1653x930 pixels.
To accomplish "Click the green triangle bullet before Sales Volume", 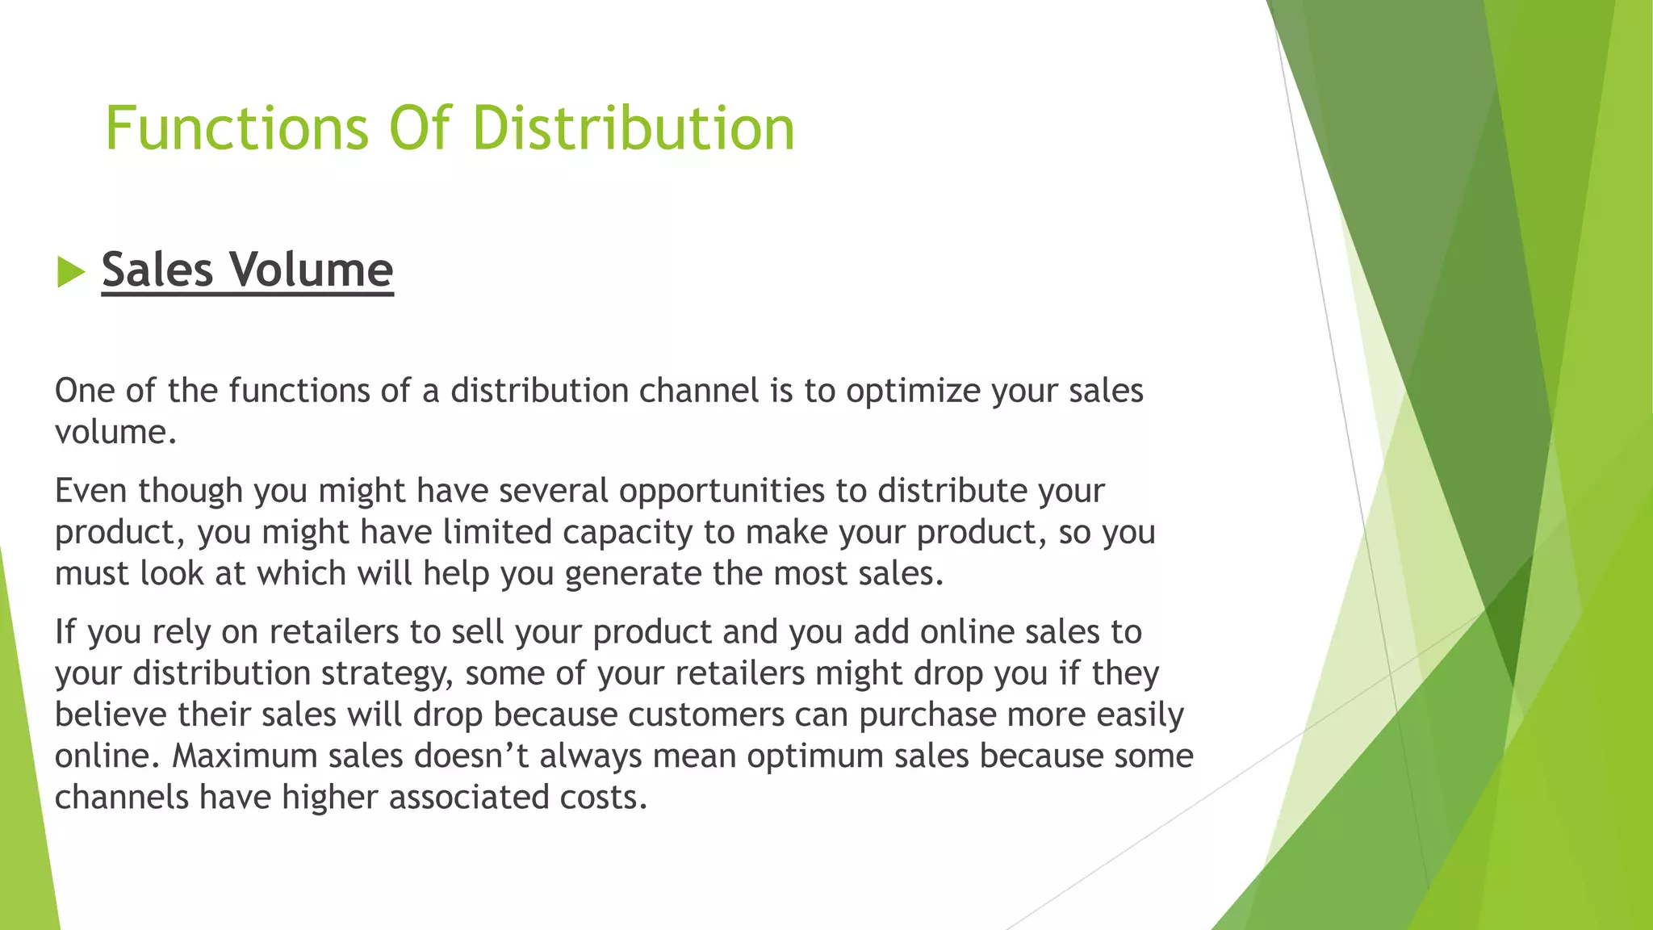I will click(71, 272).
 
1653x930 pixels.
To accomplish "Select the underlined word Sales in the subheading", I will click(157, 270).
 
